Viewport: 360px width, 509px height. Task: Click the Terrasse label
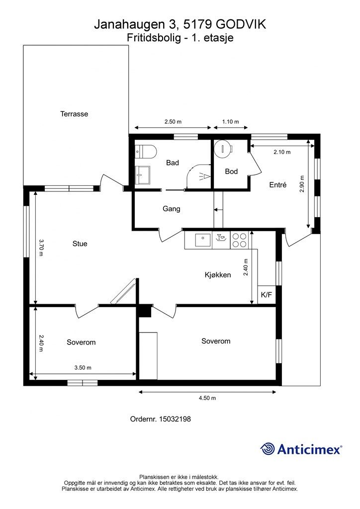pos(74,114)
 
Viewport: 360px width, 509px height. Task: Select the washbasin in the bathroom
pos(143,175)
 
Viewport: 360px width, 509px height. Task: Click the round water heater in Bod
pos(223,148)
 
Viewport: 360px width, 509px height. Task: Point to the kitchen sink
pos(202,240)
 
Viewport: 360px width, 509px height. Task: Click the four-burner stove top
pos(239,240)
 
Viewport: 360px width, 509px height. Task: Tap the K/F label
pos(266,295)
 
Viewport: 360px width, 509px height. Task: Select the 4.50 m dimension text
pos(207,398)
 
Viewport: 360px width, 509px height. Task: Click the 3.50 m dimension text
pos(83,368)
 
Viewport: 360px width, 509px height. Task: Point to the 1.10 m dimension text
pos(231,122)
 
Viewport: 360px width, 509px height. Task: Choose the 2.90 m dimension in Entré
pos(302,184)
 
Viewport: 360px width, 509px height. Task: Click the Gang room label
pos(172,209)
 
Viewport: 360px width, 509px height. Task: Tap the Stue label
pos(80,244)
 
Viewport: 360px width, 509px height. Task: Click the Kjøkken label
pos(218,275)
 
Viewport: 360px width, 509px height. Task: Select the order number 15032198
pos(175,419)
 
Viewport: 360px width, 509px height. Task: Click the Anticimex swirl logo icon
pos(268,449)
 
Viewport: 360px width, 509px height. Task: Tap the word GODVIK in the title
pos(241,24)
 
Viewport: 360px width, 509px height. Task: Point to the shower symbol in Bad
pos(205,176)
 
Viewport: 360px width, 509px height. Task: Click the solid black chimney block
pos(145,311)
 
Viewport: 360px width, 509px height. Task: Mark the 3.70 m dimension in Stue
pos(41,248)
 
